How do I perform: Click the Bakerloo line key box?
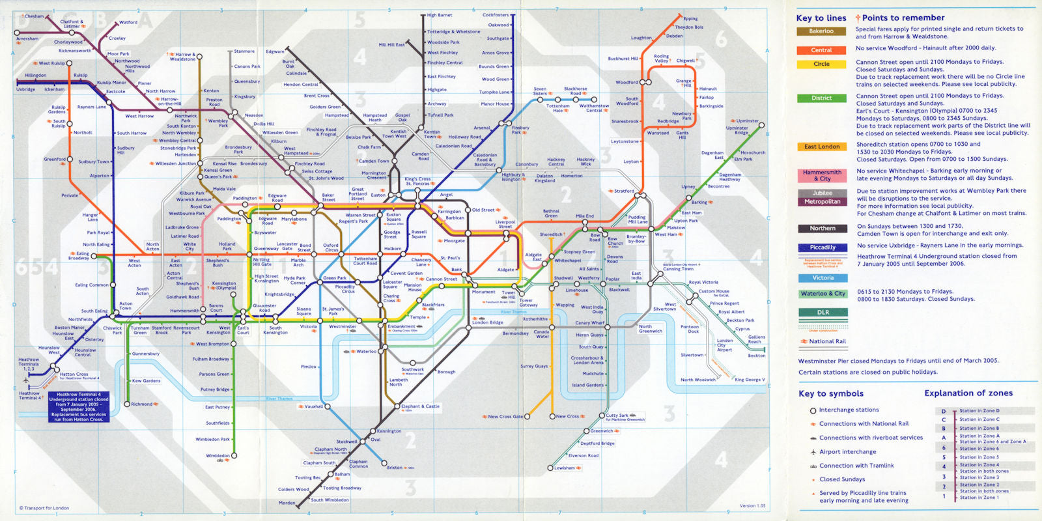pyautogui.click(x=821, y=31)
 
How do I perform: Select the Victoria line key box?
pyautogui.click(x=823, y=278)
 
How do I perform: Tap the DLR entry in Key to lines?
pyautogui.click(x=823, y=313)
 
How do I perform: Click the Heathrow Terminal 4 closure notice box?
pyautogui.click(x=78, y=407)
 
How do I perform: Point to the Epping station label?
pyautogui.click(x=690, y=19)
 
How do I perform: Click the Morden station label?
pyautogui.click(x=287, y=503)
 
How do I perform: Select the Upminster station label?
pyautogui.click(x=748, y=121)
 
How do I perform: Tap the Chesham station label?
pyautogui.click(x=34, y=16)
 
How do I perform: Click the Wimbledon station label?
pyautogui.click(x=218, y=456)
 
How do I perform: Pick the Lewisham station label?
pyautogui.click(x=565, y=468)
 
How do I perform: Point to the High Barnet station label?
pyautogui.click(x=440, y=15)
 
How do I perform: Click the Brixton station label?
pyautogui.click(x=395, y=468)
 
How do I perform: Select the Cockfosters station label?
pyautogui.click(x=496, y=15)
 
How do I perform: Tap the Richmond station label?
pyautogui.click(x=141, y=404)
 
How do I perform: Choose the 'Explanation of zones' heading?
pyautogui.click(x=968, y=393)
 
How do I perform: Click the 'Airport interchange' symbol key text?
pyautogui.click(x=847, y=452)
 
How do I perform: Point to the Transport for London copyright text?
pyautogui.click(x=46, y=508)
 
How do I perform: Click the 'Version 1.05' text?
pyautogui.click(x=752, y=506)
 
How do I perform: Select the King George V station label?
pyautogui.click(x=750, y=380)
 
